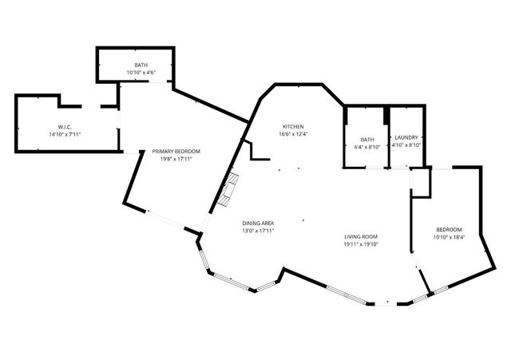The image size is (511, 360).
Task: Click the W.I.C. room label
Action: click(x=65, y=127)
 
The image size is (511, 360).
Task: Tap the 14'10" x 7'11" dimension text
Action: click(x=65, y=134)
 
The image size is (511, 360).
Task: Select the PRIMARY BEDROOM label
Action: click(x=176, y=151)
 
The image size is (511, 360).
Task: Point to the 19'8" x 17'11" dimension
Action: click(x=176, y=158)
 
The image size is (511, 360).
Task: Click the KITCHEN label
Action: click(x=293, y=127)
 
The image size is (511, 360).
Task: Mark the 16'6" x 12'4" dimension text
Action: click(x=293, y=134)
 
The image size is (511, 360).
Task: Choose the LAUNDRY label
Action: click(x=406, y=139)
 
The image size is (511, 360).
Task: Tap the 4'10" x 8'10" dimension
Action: click(x=406, y=146)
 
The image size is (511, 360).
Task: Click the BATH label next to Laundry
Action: click(x=366, y=139)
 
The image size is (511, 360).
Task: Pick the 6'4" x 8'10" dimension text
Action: click(x=366, y=146)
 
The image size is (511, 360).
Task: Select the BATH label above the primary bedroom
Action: click(x=141, y=65)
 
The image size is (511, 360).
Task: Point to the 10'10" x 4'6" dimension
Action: click(x=141, y=72)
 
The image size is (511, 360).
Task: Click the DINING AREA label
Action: click(x=259, y=224)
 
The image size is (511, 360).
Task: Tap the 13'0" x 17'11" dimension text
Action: click(x=259, y=231)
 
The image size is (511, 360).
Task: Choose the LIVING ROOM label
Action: click(x=360, y=237)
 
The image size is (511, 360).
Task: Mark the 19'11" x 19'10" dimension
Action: click(x=360, y=244)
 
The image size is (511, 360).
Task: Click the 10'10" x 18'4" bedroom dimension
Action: click(x=449, y=237)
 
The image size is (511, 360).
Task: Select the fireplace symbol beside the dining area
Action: click(x=231, y=189)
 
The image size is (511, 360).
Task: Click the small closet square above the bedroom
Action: click(x=421, y=182)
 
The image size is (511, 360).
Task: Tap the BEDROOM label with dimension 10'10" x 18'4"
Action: click(x=449, y=230)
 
